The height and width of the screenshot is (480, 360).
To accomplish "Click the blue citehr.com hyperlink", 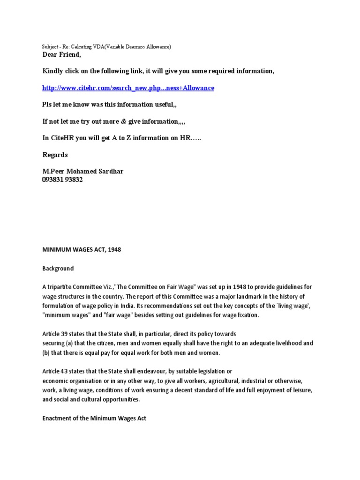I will pyautogui.click(x=128, y=88).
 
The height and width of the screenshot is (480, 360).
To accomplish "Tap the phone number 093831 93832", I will pyautogui.click(x=62, y=180).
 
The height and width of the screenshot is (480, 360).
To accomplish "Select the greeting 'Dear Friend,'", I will pyautogui.click(x=61, y=55).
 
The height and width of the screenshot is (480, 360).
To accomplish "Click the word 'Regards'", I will pyautogui.click(x=55, y=155).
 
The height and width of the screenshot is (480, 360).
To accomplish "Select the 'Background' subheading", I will pyautogui.click(x=58, y=269).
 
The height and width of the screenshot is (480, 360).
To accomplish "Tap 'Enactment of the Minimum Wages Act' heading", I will pyautogui.click(x=94, y=418).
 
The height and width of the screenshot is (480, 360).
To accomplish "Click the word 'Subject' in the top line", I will pyautogui.click(x=48, y=47).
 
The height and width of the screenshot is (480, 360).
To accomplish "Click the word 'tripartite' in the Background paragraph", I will pyautogui.click(x=60, y=287).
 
